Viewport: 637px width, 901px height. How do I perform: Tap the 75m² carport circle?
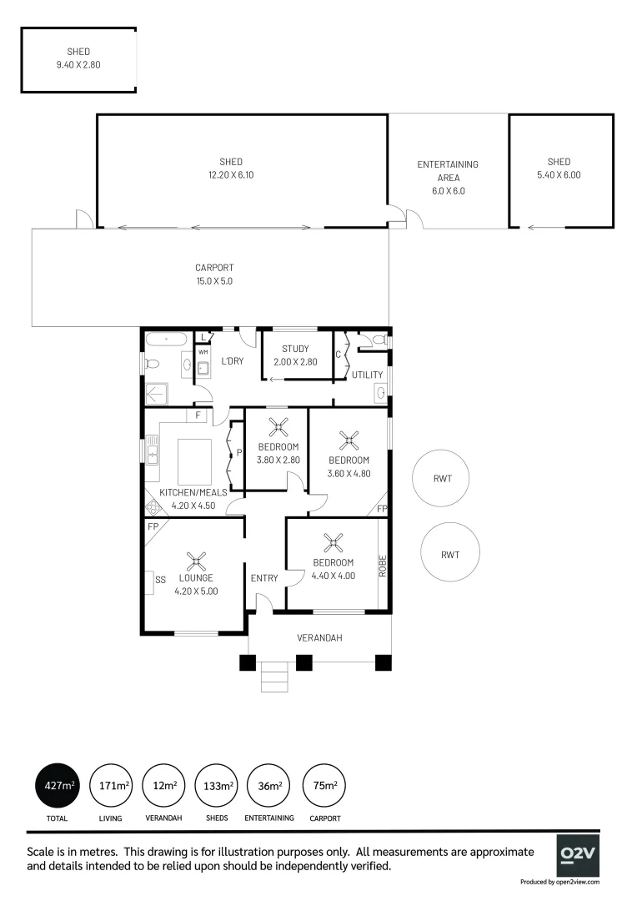click(x=324, y=786)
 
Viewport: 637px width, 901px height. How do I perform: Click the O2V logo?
click(x=578, y=853)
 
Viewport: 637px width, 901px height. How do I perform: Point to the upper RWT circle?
click(x=442, y=479)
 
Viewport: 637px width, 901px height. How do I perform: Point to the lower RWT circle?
click(x=450, y=554)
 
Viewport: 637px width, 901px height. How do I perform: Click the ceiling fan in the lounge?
click(x=196, y=560)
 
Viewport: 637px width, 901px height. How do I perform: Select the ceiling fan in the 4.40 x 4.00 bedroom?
click(x=334, y=544)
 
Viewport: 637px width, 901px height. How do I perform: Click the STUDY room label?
click(x=295, y=349)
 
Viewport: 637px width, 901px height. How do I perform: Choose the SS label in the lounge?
click(x=160, y=578)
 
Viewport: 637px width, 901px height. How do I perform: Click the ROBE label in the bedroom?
click(x=384, y=567)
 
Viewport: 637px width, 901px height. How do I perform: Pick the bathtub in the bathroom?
click(x=168, y=340)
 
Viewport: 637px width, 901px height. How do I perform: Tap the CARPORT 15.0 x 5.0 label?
click(x=214, y=274)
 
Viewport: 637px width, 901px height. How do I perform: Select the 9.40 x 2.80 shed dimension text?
click(x=79, y=64)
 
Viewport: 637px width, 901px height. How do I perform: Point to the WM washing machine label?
click(x=203, y=353)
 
